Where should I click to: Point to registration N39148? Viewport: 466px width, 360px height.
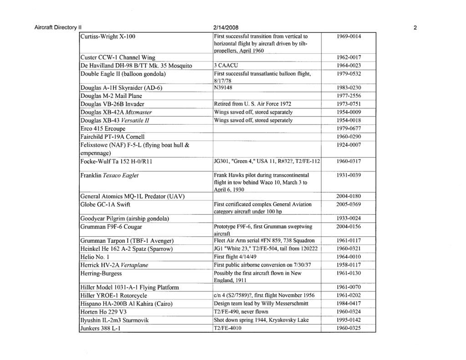(225, 87)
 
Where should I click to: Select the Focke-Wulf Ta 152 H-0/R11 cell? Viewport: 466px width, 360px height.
(118, 161)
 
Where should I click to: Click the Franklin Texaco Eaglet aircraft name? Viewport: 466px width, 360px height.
(109, 175)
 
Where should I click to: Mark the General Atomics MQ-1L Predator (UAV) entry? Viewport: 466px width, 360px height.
(132, 196)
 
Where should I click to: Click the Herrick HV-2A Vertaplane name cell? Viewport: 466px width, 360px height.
(114, 265)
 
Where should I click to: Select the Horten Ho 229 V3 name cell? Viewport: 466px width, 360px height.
(104, 312)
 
